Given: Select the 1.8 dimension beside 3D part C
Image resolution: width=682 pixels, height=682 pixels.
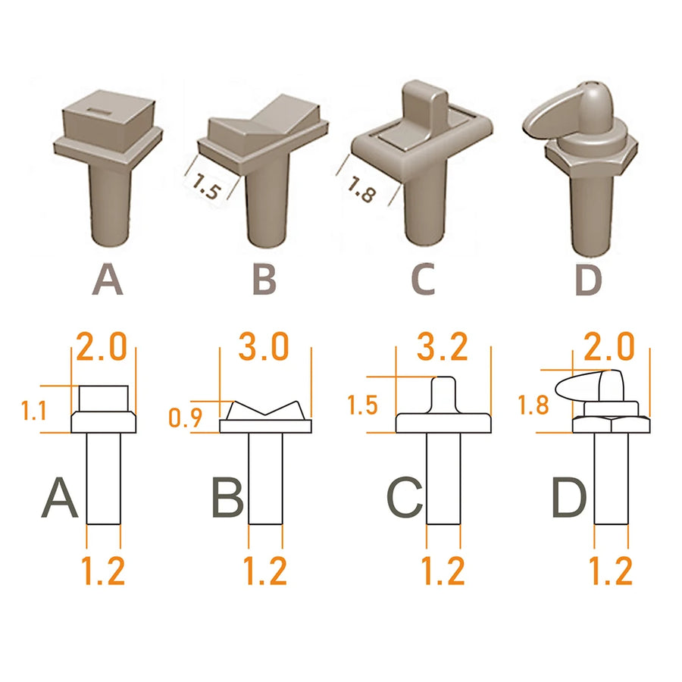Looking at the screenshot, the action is tap(361, 189).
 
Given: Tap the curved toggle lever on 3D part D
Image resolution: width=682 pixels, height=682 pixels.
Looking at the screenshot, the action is tap(548, 118).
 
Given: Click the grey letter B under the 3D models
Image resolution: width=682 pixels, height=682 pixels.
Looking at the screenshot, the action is tap(264, 279).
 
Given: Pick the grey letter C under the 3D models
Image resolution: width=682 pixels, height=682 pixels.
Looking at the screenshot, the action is tap(423, 279).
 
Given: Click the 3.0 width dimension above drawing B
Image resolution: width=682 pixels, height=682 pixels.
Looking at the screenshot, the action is tap(264, 346).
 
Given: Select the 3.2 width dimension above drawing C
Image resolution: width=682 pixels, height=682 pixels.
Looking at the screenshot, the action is tap(443, 346).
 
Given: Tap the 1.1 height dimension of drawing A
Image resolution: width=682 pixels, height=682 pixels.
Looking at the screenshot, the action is tap(34, 411).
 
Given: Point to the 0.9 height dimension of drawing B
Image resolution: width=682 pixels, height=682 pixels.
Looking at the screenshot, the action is tap(186, 418).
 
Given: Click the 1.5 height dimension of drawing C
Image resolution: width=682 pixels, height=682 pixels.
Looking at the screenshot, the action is tap(363, 405).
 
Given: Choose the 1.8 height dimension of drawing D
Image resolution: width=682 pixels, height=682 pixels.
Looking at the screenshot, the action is tap(533, 405).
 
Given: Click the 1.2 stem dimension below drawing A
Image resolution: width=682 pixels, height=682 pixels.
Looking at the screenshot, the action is tap(103, 570).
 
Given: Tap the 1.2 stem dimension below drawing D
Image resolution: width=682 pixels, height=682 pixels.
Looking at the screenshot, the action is tap(610, 570).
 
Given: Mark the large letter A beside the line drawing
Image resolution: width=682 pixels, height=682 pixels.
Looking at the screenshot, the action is tap(60, 498).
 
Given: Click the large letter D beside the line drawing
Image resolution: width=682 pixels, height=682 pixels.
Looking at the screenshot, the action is tap(569, 498).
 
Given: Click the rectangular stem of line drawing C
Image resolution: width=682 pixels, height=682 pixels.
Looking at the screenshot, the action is tap(443, 478).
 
